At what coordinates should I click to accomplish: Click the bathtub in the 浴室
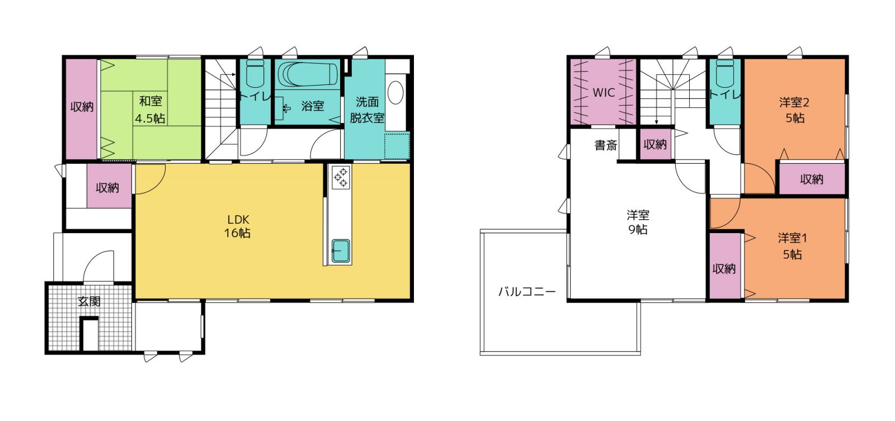[x=308, y=74]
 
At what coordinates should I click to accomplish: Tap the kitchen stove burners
[x=341, y=177]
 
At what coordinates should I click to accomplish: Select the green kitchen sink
[x=341, y=251]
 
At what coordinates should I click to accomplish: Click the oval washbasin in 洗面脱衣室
[x=395, y=93]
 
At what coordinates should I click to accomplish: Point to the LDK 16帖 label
[x=238, y=226]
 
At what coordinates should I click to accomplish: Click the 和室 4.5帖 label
[x=150, y=110]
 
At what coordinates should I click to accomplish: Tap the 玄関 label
[x=89, y=301]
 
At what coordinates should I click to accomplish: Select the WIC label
[x=604, y=93]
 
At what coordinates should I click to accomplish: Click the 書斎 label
[x=606, y=145]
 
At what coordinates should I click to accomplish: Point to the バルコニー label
[x=527, y=292]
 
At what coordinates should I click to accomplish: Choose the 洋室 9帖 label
[x=638, y=223]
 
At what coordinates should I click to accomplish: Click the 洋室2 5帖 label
[x=794, y=110]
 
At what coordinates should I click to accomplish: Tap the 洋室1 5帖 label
[x=792, y=246]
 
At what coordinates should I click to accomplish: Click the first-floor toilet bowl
[x=255, y=73]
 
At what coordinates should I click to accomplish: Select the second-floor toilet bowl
[x=725, y=73]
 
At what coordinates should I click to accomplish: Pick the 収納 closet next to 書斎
[x=655, y=144]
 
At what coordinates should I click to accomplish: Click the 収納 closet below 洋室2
[x=812, y=179]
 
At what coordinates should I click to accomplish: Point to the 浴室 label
[x=313, y=106]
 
